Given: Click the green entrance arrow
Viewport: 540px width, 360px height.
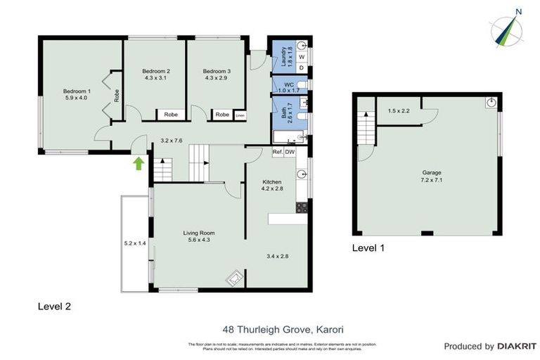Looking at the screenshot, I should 139,163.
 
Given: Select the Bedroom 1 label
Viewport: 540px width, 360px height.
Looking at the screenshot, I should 77,91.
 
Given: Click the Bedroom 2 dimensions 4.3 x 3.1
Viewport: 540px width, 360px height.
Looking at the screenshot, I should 156,79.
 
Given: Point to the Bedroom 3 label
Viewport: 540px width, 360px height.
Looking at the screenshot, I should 217,71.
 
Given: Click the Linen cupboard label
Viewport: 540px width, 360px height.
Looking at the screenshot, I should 240,115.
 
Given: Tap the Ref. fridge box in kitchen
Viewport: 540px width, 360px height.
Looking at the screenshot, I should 277,152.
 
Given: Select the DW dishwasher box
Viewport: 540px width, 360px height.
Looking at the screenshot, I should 290,152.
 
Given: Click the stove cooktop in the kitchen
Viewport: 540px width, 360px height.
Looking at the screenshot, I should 302,207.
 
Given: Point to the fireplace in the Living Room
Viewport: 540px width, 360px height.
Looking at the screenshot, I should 233,279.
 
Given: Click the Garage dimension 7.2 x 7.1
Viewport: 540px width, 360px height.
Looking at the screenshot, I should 432,179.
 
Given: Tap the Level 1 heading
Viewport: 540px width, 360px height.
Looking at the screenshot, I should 368,247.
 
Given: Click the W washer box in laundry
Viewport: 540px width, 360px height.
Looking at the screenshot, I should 302,56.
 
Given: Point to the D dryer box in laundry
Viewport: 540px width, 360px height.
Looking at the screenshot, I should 302,67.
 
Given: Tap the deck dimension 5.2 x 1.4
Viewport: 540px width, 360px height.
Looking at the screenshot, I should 134,243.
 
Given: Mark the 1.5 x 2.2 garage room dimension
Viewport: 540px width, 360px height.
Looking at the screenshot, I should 399,110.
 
